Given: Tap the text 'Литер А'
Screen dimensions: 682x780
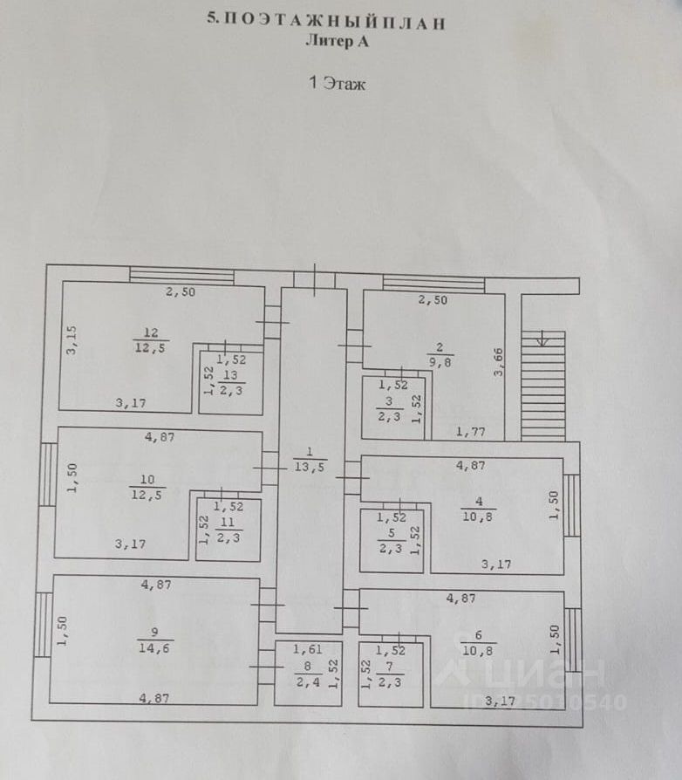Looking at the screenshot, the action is tap(337, 40).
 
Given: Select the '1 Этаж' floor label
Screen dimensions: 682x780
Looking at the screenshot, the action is tap(336, 84).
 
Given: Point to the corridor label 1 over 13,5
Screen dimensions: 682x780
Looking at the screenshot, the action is tap(310, 460).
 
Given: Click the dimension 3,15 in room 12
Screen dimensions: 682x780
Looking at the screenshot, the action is tap(74, 339).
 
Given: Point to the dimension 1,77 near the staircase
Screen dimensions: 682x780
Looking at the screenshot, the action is tap(471, 430).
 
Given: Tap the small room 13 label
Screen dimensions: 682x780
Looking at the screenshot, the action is tap(231, 382).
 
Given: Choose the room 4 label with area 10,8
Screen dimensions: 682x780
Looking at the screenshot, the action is tap(479, 509).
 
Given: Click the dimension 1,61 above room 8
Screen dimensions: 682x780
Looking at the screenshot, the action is tap(307, 649).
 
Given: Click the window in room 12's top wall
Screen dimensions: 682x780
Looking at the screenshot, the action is tap(182, 276).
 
